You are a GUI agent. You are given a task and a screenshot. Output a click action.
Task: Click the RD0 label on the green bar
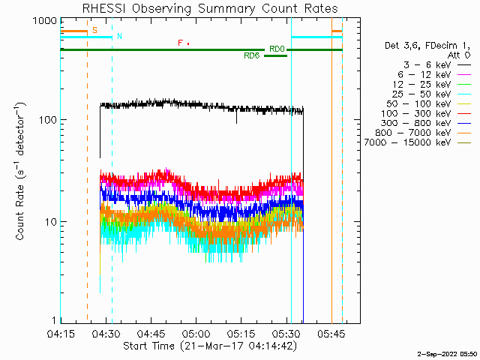pyautogui.click(x=277, y=49)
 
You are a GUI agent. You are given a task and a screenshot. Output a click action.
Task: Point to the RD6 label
pyautogui.click(x=251, y=55)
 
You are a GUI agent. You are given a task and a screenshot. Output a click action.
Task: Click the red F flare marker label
pyautogui.click(x=180, y=43)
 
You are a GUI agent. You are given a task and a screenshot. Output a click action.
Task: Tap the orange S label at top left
pyautogui.click(x=94, y=30)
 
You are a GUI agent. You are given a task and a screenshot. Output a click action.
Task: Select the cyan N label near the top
pyautogui.click(x=119, y=36)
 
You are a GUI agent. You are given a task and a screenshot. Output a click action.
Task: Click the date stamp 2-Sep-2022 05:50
pyautogui.click(x=446, y=352)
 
